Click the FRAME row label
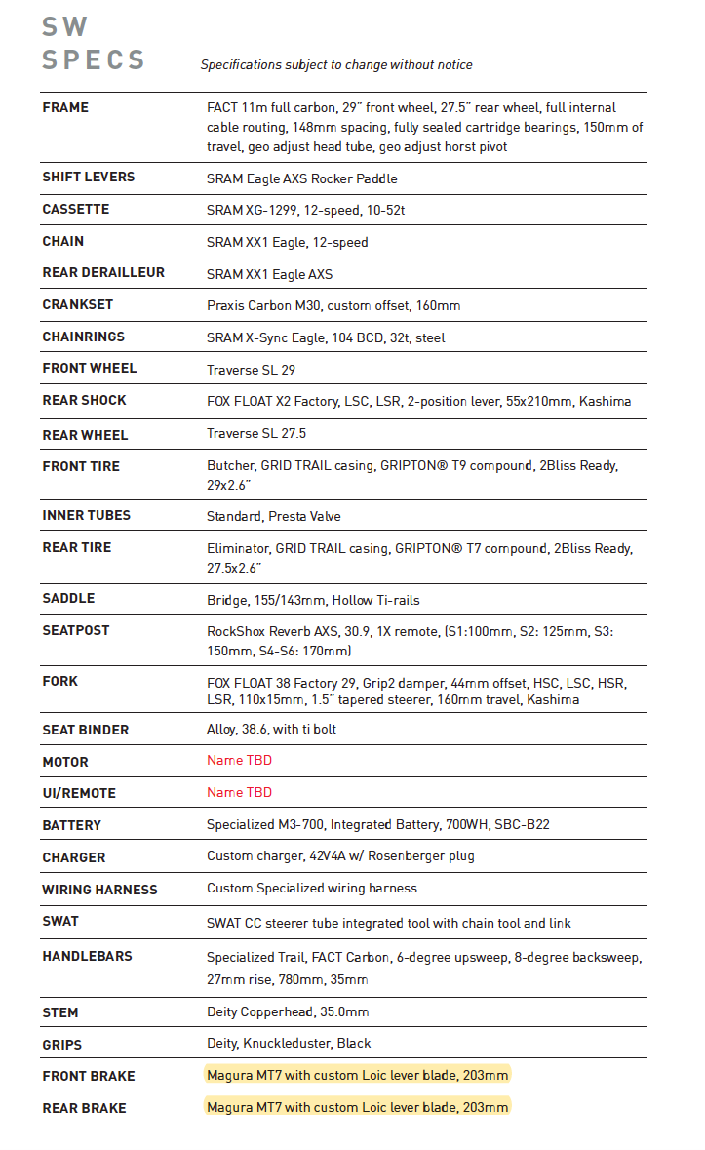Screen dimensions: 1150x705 pyautogui.click(x=65, y=108)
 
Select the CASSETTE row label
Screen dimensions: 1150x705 pyautogui.click(x=76, y=210)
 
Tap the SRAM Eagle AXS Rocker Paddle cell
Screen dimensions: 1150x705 pyautogui.click(x=301, y=178)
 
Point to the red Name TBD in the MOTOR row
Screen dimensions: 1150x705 pyautogui.click(x=239, y=761)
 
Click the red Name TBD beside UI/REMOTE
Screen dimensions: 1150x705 pyautogui.click(x=239, y=793)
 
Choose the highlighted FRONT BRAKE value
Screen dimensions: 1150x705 pyautogui.click(x=357, y=1075)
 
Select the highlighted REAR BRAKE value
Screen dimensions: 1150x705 pyautogui.click(x=357, y=1107)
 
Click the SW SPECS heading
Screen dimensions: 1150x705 pyautogui.click(x=93, y=44)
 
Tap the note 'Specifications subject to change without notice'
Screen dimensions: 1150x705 pyautogui.click(x=336, y=65)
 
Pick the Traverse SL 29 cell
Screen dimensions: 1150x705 pyautogui.click(x=251, y=370)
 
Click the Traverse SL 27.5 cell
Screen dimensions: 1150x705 pyautogui.click(x=256, y=433)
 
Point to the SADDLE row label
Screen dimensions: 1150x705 pyautogui.click(x=69, y=599)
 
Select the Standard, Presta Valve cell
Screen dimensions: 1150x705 pyautogui.click(x=274, y=516)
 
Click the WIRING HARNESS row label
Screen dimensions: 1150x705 pyautogui.click(x=99, y=890)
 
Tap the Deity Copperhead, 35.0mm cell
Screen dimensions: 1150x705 pyautogui.click(x=288, y=1011)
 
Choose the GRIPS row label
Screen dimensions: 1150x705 pyautogui.click(x=62, y=1045)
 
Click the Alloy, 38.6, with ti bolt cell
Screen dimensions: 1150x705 pyautogui.click(x=271, y=729)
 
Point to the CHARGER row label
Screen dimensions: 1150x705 pyautogui.click(x=74, y=857)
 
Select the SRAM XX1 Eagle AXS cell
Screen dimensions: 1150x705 pyautogui.click(x=269, y=274)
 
